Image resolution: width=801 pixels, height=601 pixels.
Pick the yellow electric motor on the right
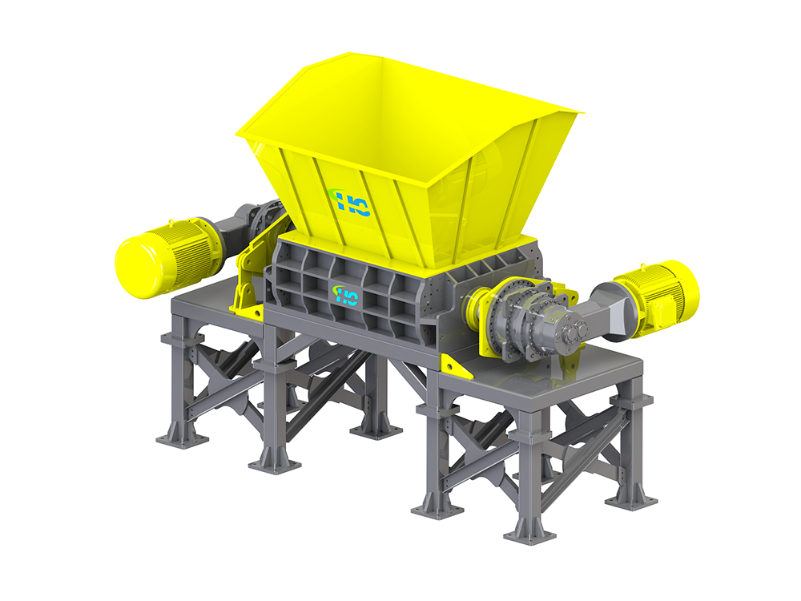click(656, 296)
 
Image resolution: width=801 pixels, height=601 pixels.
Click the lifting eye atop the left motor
click(170, 222)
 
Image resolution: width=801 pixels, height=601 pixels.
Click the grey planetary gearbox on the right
click(531, 322)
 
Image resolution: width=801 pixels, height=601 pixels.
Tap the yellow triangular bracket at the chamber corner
click(457, 366)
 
